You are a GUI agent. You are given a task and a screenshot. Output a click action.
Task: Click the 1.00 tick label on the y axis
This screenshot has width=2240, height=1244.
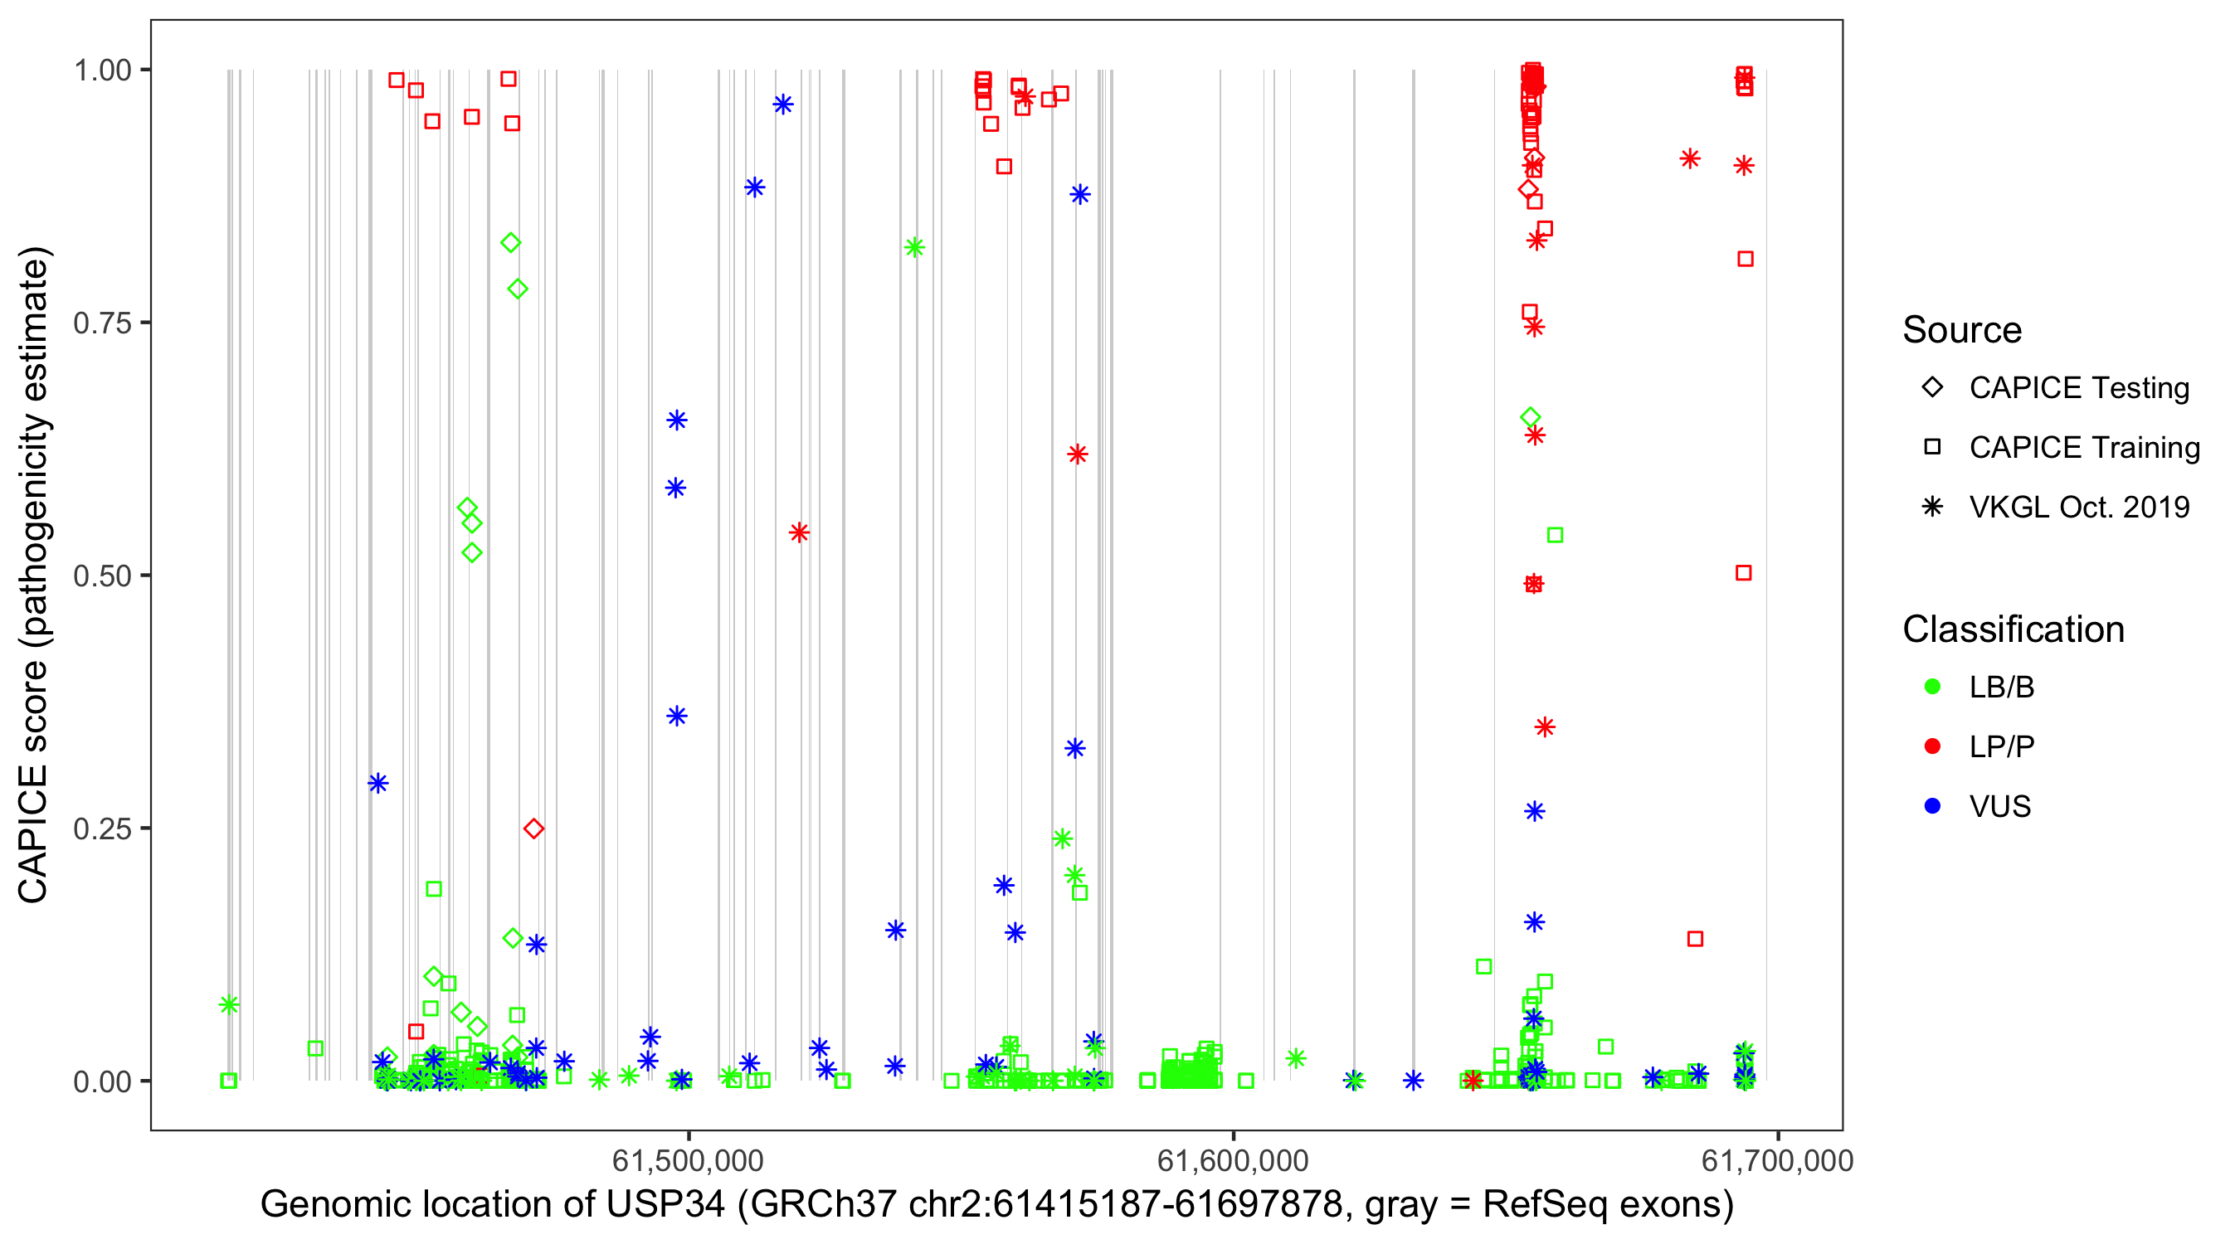tap(102, 70)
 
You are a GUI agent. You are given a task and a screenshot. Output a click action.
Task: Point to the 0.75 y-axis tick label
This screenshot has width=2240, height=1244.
tap(102, 323)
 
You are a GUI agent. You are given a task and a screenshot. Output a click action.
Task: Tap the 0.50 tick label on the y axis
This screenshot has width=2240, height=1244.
tap(102, 576)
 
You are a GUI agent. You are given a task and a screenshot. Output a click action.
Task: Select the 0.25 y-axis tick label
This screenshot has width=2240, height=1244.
tap(102, 829)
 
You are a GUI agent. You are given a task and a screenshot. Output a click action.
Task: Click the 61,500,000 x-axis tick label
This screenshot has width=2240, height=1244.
tap(688, 1160)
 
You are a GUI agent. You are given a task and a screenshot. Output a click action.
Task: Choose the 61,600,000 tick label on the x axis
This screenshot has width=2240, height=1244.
tap(1232, 1160)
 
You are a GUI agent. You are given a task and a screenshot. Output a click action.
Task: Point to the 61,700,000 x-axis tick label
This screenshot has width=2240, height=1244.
tap(1776, 1160)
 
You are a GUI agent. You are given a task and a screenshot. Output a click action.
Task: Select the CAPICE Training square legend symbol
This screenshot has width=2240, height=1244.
tap(1932, 447)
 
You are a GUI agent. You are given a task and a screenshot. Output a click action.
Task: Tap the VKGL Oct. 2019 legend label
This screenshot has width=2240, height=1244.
tap(2079, 507)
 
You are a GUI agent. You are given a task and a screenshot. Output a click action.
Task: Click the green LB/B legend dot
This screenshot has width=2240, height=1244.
tap(1932, 687)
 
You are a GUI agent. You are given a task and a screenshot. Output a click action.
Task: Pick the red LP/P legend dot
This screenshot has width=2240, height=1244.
tap(1932, 746)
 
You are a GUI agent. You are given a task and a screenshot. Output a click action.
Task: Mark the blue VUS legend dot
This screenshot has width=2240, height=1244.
tap(1932, 806)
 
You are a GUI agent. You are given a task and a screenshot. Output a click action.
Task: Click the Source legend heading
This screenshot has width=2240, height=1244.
tap(1962, 330)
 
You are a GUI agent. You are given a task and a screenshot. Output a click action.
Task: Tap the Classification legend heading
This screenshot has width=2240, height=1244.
tap(2013, 629)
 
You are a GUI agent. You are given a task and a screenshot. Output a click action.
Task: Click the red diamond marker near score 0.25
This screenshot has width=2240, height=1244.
tap(534, 829)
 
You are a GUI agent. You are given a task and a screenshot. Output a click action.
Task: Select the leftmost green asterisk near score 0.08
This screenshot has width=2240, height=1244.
tap(229, 1005)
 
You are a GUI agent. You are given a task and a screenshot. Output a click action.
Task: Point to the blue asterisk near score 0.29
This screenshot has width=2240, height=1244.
tap(377, 783)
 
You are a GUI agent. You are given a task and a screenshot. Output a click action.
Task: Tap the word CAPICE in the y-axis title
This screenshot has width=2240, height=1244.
tap(33, 833)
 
